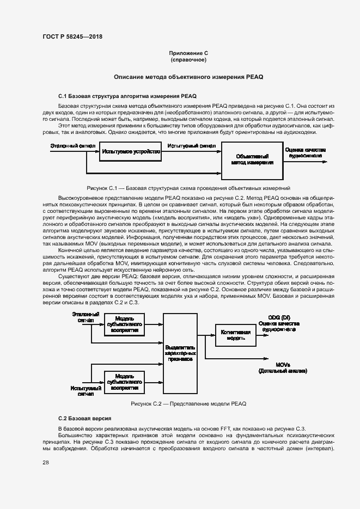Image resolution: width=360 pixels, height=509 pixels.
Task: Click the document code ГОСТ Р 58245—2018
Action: pos(72,36)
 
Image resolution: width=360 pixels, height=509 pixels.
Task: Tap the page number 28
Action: pos(45,462)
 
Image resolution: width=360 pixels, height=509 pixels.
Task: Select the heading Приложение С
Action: pos(188,53)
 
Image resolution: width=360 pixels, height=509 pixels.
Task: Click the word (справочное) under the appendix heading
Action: pos(188,59)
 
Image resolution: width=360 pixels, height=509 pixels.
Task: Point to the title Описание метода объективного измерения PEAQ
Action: pos(188,77)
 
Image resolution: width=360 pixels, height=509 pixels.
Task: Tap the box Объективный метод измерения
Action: pos(251,159)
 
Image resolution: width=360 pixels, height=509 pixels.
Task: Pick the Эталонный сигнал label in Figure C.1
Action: pos(73,146)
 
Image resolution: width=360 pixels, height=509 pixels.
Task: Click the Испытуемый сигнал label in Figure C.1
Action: pos(191,146)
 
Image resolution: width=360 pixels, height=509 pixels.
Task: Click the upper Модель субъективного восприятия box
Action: pos(124,326)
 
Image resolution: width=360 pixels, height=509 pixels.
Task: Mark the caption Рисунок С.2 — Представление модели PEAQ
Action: pos(188,404)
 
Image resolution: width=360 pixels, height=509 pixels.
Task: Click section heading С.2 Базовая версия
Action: pos(84,418)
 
